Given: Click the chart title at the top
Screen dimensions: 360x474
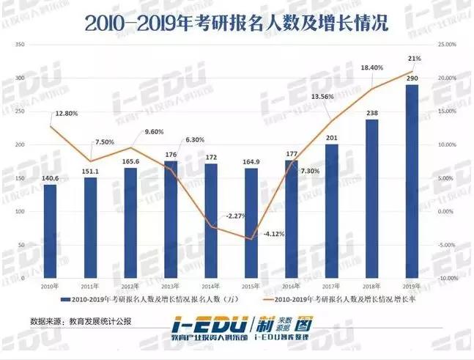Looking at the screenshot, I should pyautogui.click(x=237, y=22).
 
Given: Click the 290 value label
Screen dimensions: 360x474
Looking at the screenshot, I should pyautogui.click(x=412, y=78).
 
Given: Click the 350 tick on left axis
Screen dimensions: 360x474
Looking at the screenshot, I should pyautogui.click(x=21, y=45).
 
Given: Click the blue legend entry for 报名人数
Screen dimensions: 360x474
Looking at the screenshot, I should pyautogui.click(x=132, y=300).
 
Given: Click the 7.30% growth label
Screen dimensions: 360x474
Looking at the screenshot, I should pyautogui.click(x=311, y=170).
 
